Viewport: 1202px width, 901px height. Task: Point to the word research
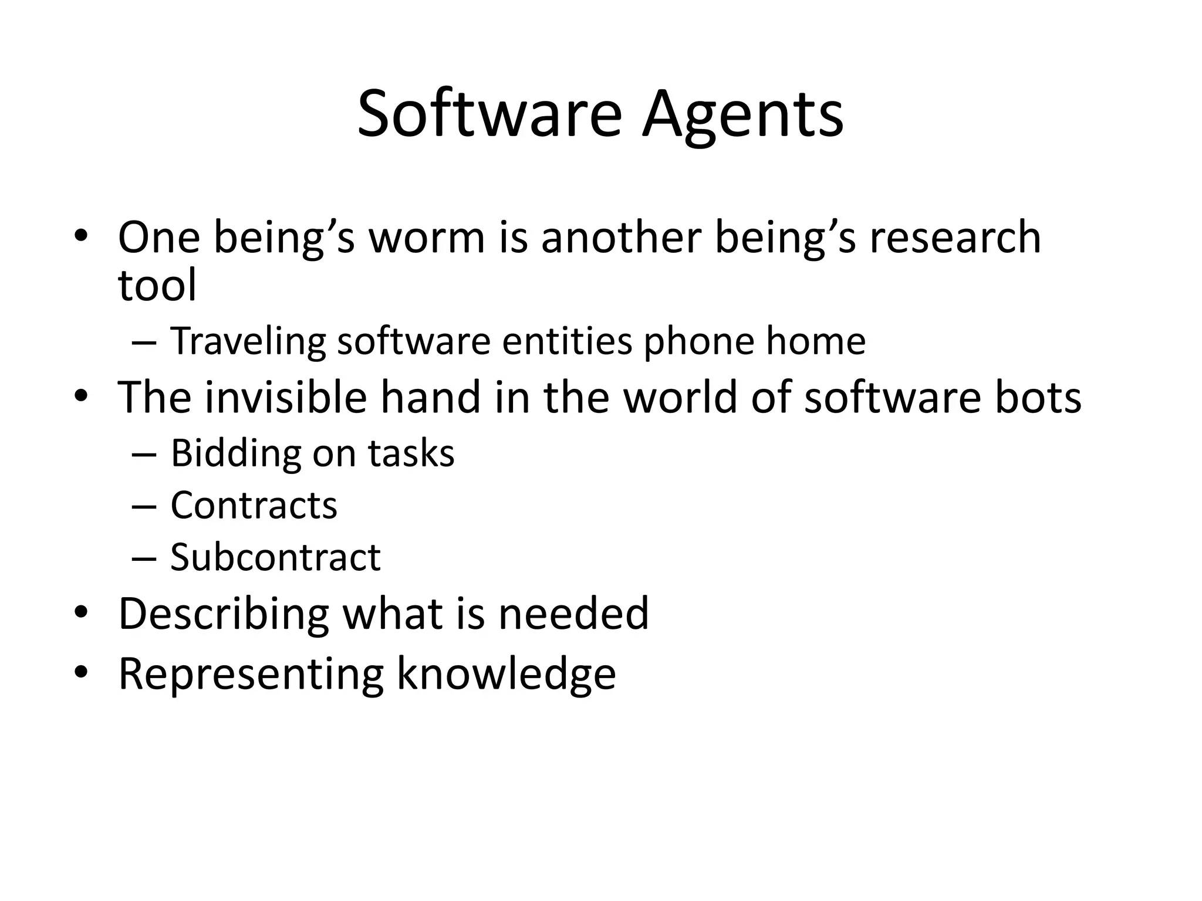point(955,238)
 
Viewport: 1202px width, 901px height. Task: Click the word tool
point(157,286)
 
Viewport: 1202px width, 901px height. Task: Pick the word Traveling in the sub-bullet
point(248,341)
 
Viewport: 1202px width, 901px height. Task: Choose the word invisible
point(285,397)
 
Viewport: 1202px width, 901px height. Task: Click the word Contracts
point(254,505)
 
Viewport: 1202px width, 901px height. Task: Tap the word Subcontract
point(275,557)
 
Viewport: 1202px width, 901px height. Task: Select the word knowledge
point(506,675)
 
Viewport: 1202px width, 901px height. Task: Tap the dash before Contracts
point(144,506)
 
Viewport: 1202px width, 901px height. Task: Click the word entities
point(567,341)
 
